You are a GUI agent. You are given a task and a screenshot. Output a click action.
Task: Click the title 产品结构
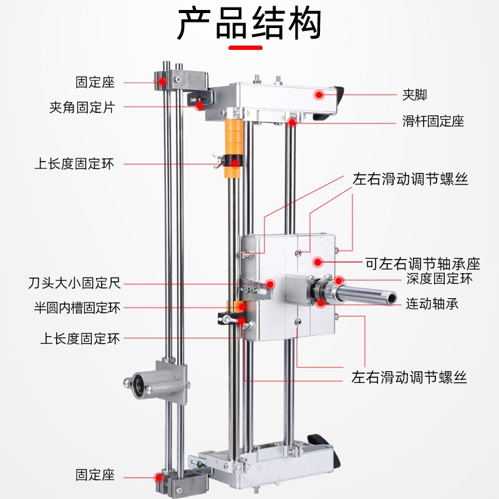249,24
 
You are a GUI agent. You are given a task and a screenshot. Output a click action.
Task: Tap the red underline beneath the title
249,47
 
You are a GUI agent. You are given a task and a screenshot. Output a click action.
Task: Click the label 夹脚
415,96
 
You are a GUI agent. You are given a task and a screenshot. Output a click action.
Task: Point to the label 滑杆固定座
433,121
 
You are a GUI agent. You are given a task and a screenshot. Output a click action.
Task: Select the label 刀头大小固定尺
78,284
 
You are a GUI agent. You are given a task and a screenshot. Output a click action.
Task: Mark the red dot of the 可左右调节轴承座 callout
317,262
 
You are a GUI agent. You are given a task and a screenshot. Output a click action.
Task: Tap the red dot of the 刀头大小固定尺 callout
270,284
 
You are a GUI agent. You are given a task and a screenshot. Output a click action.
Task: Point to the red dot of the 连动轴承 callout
321,303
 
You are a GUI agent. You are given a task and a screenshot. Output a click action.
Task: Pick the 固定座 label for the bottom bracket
95,475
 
